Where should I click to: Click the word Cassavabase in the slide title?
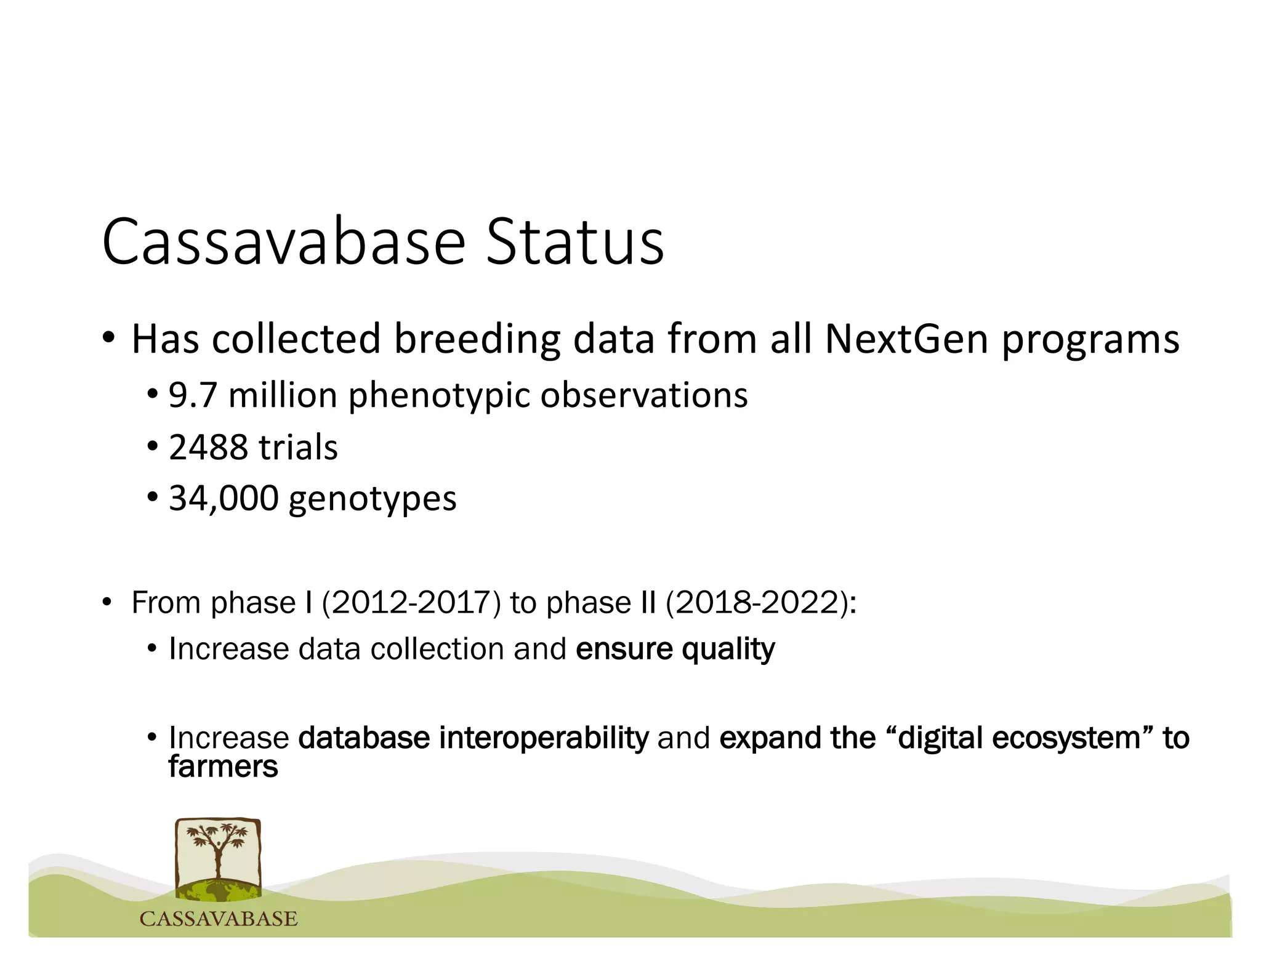coord(283,242)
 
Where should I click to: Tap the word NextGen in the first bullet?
coord(906,339)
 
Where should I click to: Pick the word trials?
coord(298,448)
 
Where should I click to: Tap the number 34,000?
coord(224,499)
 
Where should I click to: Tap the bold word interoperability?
coord(544,738)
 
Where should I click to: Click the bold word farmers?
coord(223,767)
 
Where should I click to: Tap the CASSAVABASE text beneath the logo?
coord(219,919)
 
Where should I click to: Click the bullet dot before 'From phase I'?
coord(107,603)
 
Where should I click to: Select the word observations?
coord(644,395)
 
